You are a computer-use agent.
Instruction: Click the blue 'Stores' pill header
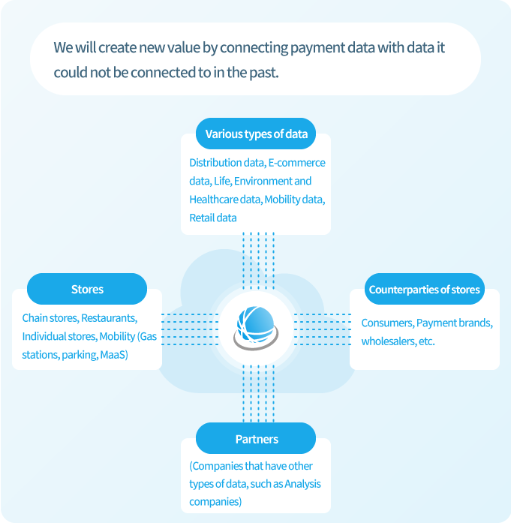87,289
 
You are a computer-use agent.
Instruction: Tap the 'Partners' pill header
256,438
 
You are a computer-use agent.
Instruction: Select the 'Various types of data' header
256,134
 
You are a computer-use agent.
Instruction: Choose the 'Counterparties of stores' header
424,289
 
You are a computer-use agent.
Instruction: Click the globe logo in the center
256,328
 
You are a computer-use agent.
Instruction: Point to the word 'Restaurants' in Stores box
109,318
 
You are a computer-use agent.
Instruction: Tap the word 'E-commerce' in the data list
297,163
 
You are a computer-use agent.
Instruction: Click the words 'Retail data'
213,218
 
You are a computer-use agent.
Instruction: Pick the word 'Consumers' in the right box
388,323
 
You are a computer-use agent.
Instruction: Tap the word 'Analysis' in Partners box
303,484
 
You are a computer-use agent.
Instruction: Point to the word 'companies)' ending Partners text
215,502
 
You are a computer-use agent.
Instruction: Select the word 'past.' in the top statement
264,73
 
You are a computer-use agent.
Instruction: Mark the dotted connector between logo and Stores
190,329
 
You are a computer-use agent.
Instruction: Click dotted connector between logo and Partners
259,394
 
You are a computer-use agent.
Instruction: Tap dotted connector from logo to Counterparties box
323,329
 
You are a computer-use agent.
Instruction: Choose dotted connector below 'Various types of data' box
259,261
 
